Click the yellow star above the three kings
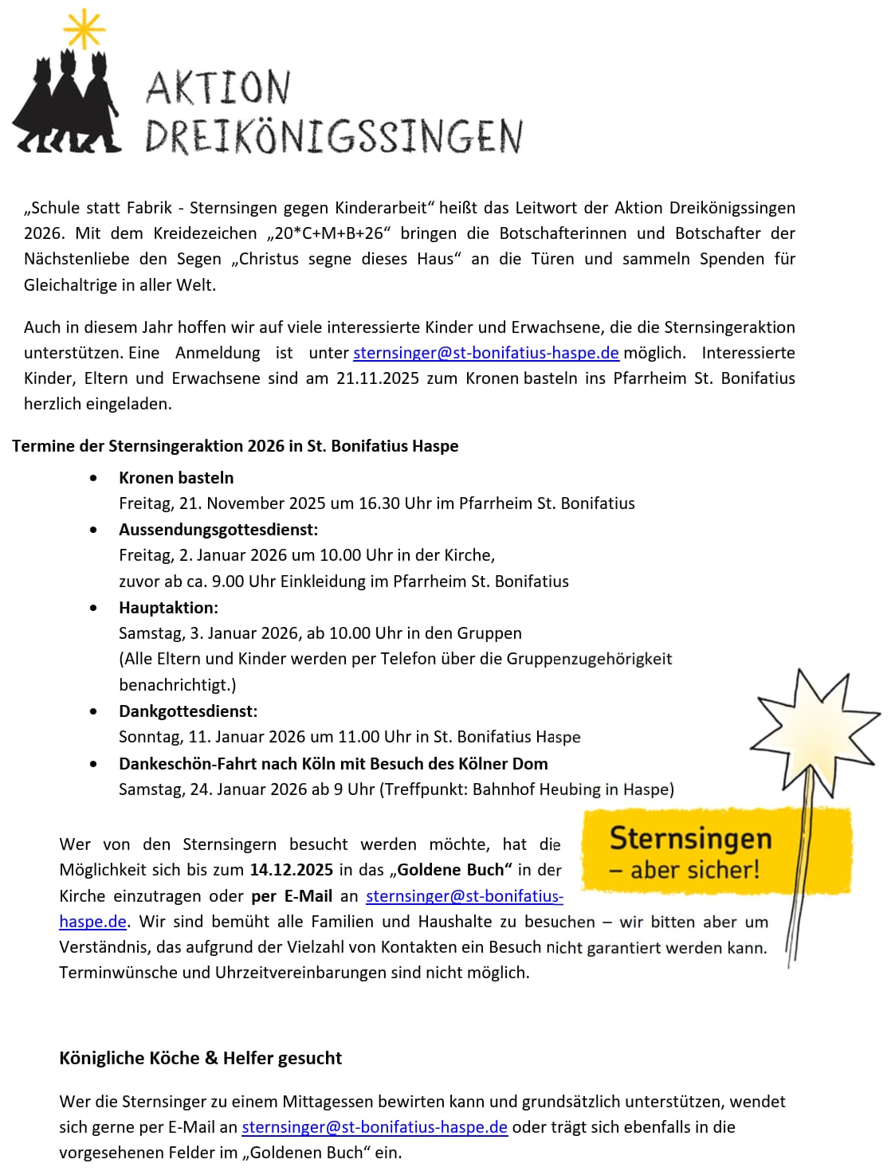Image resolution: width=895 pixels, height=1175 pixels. [84, 30]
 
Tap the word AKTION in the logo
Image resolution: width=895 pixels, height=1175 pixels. [218, 88]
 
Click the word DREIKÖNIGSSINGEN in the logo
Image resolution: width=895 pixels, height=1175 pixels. [333, 136]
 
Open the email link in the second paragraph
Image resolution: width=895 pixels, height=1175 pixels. [486, 353]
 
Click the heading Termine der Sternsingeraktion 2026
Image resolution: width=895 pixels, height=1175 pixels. [235, 446]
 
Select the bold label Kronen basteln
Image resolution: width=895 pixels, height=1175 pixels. [176, 478]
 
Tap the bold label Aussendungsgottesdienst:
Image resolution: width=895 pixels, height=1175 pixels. [218, 530]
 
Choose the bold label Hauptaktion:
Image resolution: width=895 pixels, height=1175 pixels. [168, 608]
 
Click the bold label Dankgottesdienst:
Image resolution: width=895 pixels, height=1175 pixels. [188, 711]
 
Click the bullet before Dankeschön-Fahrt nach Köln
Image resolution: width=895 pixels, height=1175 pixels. [94, 764]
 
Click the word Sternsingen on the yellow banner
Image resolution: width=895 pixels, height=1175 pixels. [690, 839]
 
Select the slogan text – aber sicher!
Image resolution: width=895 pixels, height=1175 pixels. [684, 870]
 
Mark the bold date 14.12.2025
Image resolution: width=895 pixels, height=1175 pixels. [291, 870]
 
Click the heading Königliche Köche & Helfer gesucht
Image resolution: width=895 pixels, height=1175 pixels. [200, 1058]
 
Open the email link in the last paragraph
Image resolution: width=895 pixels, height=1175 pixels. [375, 1127]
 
